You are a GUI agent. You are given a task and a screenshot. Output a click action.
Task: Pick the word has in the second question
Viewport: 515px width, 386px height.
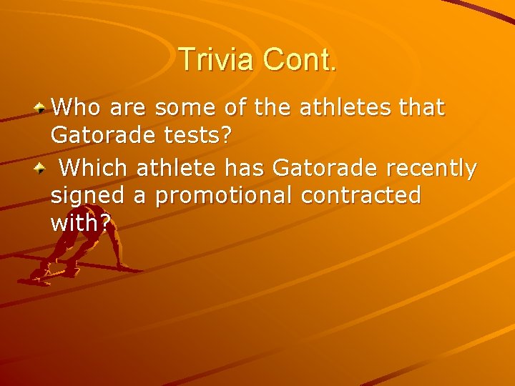[247, 168]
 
